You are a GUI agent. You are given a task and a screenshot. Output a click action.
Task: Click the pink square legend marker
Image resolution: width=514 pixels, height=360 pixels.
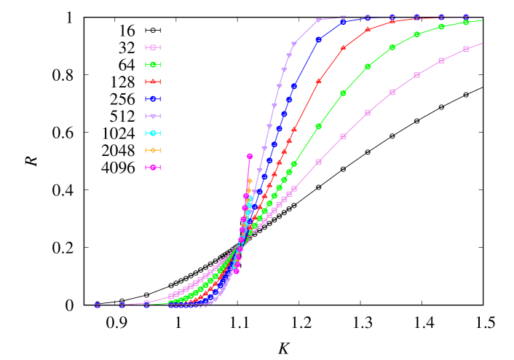point(153,47)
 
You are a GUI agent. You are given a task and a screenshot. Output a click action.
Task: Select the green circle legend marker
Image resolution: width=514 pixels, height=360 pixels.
point(153,65)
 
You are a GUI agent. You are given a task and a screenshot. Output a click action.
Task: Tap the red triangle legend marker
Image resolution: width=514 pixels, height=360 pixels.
point(153,82)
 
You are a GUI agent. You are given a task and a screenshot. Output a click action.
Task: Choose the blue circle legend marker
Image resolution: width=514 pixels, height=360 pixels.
point(153,99)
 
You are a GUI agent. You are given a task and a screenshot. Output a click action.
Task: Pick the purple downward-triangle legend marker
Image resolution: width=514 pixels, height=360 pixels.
point(153,116)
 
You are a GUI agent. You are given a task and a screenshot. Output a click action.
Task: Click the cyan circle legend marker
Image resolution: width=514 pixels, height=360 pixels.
point(153,133)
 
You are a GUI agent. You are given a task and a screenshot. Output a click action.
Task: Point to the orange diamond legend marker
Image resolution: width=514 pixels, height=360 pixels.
point(153,150)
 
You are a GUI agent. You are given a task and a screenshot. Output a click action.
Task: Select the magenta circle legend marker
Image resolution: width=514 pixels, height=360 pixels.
point(153,167)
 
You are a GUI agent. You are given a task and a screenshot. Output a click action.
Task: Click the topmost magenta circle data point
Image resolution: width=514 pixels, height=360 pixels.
point(250,156)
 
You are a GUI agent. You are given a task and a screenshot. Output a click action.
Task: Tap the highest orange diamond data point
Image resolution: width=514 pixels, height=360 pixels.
point(250,181)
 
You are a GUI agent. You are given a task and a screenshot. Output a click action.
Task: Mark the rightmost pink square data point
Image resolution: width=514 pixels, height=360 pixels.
point(466,49)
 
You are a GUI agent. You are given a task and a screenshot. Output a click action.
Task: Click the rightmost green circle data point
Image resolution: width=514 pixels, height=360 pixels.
point(466,23)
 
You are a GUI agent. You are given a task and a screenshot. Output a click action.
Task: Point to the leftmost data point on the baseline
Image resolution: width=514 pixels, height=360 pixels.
point(98,305)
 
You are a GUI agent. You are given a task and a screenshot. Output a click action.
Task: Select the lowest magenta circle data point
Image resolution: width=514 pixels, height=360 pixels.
point(237,271)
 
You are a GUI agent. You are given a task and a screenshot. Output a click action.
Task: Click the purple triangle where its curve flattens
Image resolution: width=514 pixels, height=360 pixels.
point(318,20)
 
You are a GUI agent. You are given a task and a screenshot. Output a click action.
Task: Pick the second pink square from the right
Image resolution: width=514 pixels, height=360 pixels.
point(441,60)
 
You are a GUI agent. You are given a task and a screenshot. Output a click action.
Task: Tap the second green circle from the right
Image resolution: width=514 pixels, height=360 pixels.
point(441,27)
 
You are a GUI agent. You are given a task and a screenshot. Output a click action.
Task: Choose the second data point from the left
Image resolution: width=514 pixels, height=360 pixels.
point(122,305)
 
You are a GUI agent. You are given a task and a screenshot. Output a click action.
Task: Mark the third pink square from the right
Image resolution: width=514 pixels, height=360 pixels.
point(416,75)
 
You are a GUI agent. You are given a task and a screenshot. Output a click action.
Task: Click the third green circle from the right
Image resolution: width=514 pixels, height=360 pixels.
point(416,34)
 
